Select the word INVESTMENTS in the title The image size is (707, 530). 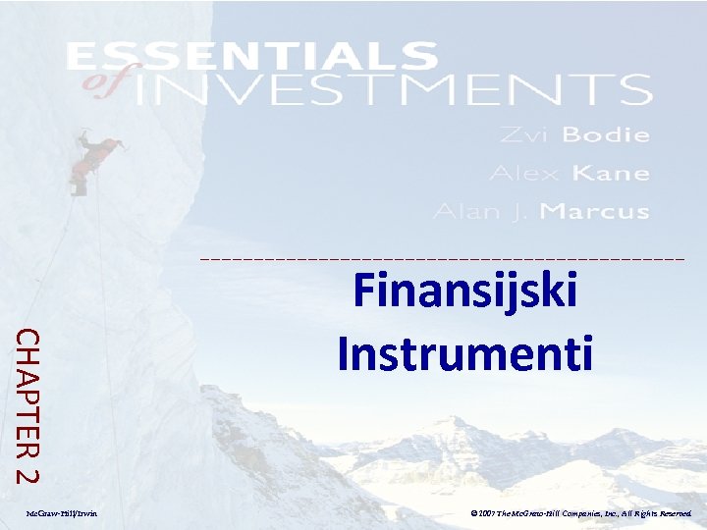(x=393, y=90)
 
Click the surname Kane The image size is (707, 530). (x=611, y=173)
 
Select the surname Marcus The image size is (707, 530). (x=595, y=211)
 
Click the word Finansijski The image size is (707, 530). (x=464, y=291)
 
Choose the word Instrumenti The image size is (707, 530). (x=464, y=352)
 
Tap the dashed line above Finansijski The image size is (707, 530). (x=442, y=258)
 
